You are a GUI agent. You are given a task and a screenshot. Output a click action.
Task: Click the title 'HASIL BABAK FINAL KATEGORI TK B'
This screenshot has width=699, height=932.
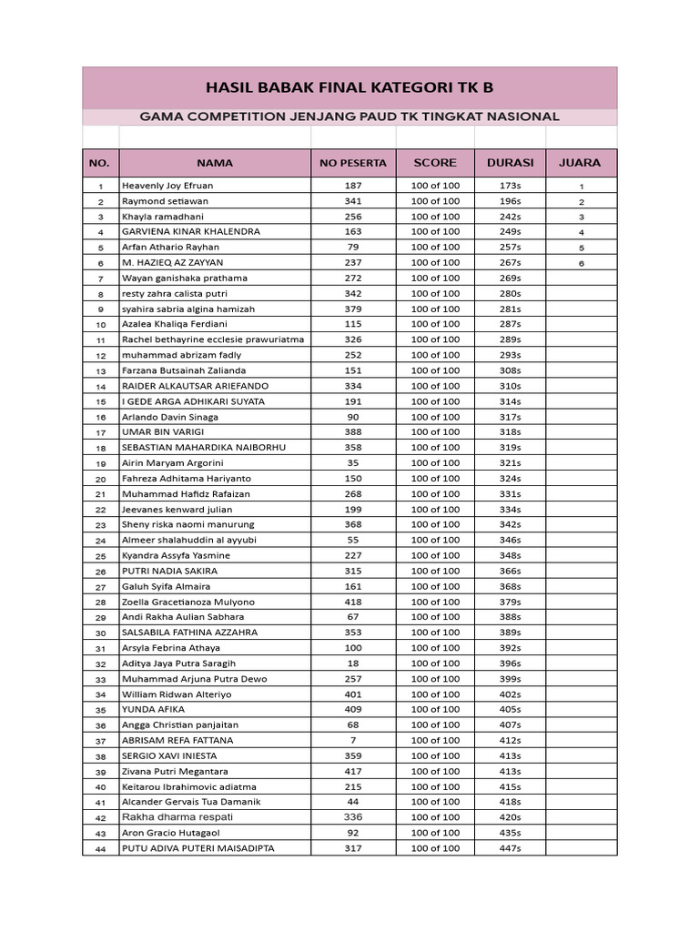[349, 88]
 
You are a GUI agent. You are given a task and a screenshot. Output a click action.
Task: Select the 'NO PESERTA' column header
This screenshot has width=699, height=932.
[352, 164]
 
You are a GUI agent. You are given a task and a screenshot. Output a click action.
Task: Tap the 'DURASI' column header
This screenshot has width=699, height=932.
[511, 164]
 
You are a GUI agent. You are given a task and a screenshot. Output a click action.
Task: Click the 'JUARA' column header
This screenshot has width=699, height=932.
[580, 164]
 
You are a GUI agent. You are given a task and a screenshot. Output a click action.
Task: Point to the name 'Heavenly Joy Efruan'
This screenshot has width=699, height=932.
[167, 186]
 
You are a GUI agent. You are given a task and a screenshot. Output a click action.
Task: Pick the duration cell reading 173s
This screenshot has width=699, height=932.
[511, 186]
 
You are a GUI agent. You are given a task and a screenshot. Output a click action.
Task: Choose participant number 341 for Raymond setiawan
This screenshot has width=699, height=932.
[352, 201]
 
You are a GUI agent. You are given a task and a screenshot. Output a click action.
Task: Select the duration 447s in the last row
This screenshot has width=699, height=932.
[511, 848]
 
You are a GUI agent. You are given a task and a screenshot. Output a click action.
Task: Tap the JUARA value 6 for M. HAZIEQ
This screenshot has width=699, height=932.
[581, 263]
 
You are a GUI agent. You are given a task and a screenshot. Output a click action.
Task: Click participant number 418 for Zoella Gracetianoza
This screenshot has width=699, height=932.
[352, 602]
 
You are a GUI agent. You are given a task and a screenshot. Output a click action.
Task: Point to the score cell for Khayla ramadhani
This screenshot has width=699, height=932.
[435, 217]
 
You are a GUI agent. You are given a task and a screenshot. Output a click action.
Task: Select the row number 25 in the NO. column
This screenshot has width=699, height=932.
[101, 556]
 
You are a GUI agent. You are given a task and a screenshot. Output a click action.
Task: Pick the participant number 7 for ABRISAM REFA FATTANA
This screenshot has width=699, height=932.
[352, 741]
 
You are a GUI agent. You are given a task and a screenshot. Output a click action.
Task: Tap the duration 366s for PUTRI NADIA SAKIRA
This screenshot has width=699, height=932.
[511, 571]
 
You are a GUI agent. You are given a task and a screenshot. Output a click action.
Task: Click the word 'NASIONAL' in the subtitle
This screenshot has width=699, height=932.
[521, 116]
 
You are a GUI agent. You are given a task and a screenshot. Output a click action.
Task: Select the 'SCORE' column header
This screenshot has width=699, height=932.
[435, 164]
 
